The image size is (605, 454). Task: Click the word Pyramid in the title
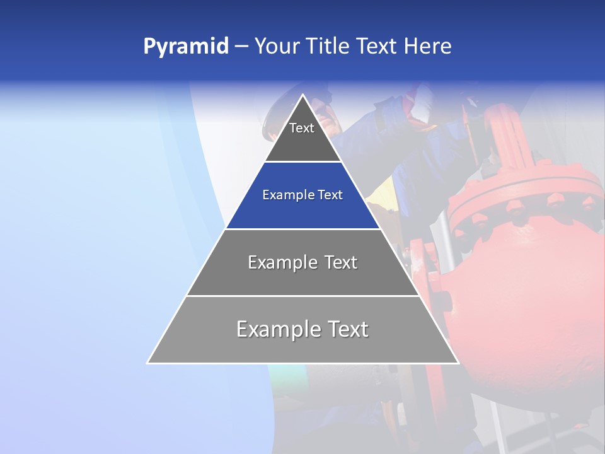tap(185, 47)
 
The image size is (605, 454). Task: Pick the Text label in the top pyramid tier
tap(302, 128)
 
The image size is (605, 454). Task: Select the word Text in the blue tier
tap(330, 195)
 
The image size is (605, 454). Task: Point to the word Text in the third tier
tap(341, 262)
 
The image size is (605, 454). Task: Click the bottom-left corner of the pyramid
tap(148, 363)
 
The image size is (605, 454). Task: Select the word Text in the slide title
tap(377, 47)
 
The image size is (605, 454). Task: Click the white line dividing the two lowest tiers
tap(302, 296)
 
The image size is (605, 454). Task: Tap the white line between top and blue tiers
tap(302, 162)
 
